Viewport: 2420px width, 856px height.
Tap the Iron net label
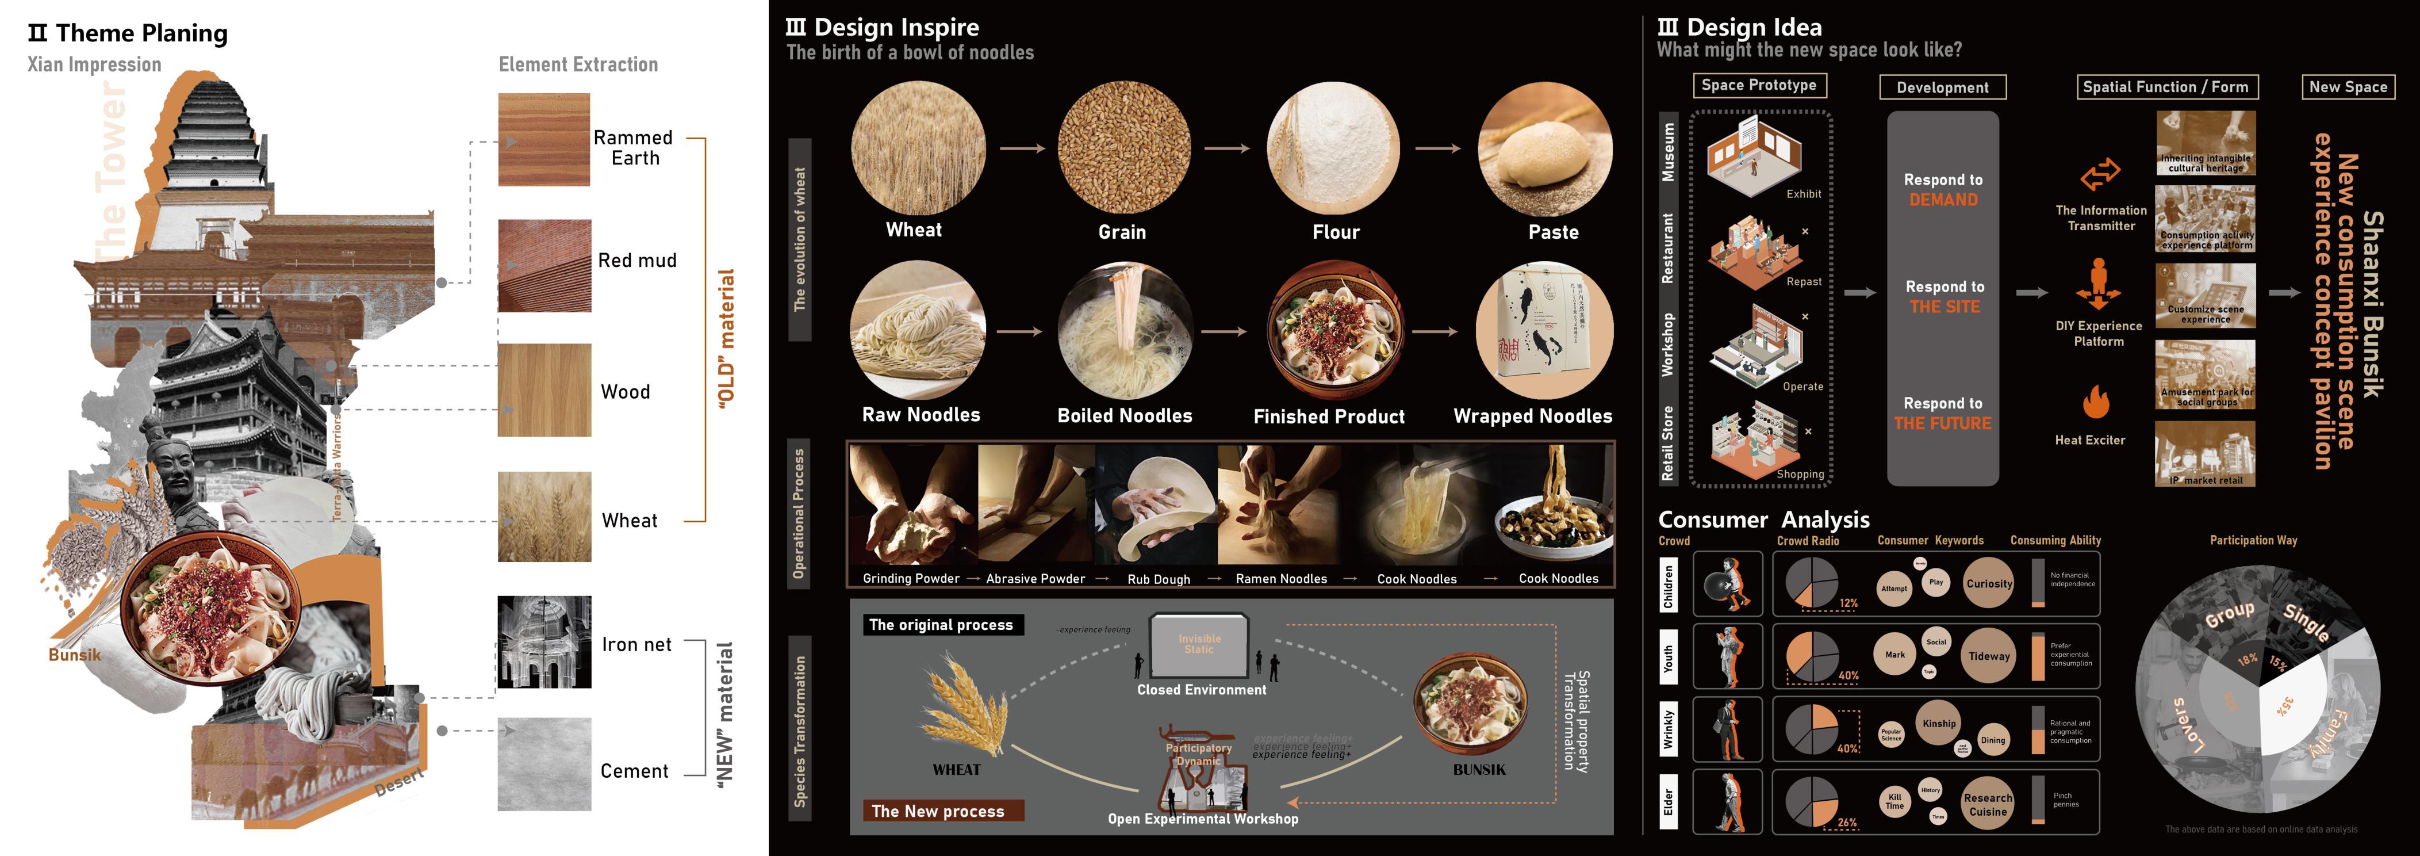click(636, 644)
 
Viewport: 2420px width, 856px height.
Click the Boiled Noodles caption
click(1125, 415)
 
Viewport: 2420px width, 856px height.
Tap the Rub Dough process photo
click(1156, 507)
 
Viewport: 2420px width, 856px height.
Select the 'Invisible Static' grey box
click(1200, 644)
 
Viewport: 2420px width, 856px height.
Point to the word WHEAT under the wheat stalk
click(956, 770)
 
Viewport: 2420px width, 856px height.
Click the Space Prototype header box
click(1759, 86)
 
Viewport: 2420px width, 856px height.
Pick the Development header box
click(1942, 87)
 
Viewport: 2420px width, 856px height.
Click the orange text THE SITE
click(1944, 307)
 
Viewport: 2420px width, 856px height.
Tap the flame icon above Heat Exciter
click(2095, 402)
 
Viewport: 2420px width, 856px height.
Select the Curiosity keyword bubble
click(1989, 583)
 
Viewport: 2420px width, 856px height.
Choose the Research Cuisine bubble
click(1988, 804)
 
